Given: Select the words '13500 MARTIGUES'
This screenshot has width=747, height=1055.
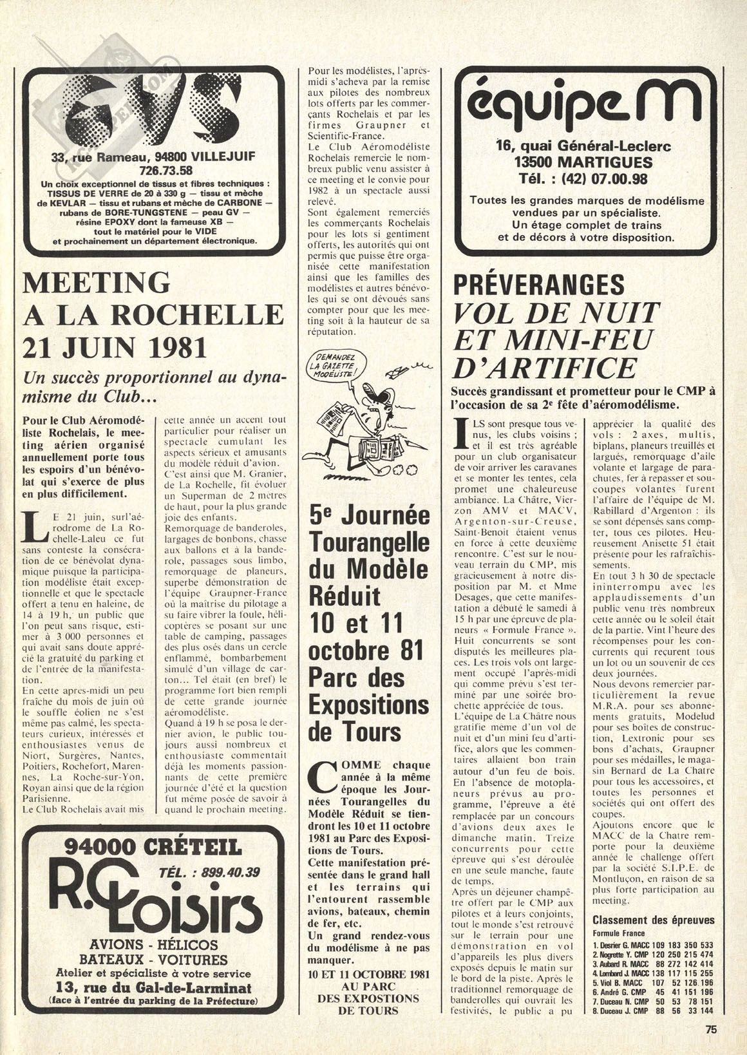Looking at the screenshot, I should pyautogui.click(x=583, y=162).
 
